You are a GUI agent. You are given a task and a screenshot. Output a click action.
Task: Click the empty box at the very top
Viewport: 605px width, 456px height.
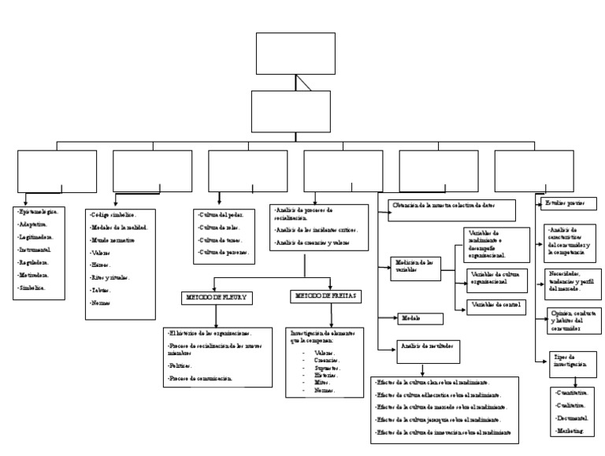coord(295,54)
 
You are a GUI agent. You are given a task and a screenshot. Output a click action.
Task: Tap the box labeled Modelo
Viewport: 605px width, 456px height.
coord(421,318)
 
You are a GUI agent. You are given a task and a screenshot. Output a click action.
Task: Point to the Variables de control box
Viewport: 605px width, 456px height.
coord(496,304)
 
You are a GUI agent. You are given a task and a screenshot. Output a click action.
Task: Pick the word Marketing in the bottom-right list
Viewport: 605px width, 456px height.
coord(570,432)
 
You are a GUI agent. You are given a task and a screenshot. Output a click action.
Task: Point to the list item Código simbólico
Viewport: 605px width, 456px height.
coord(116,214)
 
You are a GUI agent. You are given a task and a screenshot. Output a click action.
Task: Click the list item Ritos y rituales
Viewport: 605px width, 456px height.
coord(111,278)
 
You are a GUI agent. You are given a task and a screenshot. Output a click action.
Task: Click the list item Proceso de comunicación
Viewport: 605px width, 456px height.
coord(200,379)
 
